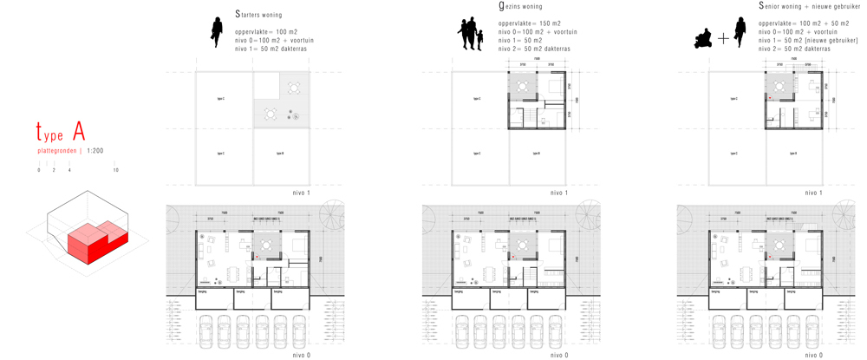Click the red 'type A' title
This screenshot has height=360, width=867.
60,133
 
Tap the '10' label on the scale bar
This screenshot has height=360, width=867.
116,170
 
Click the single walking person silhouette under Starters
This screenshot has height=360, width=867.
217,31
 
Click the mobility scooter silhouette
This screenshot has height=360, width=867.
703,38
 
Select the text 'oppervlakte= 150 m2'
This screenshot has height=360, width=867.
529,23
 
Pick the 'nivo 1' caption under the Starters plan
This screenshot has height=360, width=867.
302,193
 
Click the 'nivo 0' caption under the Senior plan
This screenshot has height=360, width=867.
813,355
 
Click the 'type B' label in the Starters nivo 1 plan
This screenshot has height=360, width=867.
280,154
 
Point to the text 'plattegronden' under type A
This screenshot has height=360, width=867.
56,151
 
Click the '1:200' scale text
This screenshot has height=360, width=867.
95,151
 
